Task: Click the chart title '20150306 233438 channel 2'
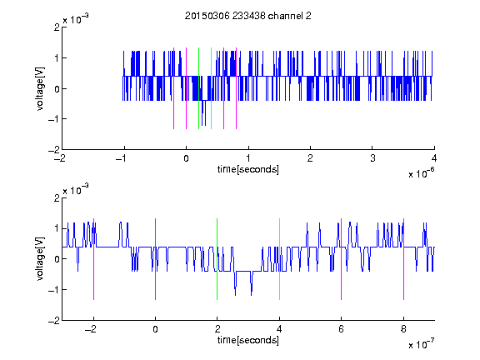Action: click(x=248, y=16)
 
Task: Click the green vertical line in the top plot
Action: click(x=198, y=88)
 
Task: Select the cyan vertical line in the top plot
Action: click(x=211, y=88)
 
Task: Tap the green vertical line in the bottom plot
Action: click(x=217, y=259)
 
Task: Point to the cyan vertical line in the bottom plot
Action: click(x=279, y=259)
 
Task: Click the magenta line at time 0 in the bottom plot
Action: click(x=156, y=259)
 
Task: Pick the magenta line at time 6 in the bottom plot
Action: click(x=342, y=259)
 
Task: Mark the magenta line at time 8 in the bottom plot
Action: click(x=404, y=259)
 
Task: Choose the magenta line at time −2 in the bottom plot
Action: click(x=93, y=259)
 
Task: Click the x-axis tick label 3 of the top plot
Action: click(x=372, y=158)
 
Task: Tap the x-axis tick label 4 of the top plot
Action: click(x=434, y=158)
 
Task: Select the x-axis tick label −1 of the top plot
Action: click(x=122, y=158)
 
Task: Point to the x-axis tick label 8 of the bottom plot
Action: click(x=403, y=329)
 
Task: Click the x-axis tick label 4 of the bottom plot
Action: click(x=279, y=329)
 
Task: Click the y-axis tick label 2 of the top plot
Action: click(x=57, y=27)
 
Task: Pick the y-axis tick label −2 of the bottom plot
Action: click(x=54, y=321)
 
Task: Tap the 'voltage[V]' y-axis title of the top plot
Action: click(x=40, y=88)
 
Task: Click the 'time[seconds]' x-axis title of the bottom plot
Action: click(x=248, y=340)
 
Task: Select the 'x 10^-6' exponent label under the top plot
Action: click(x=421, y=172)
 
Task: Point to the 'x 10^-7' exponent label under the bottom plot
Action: click(x=421, y=344)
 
